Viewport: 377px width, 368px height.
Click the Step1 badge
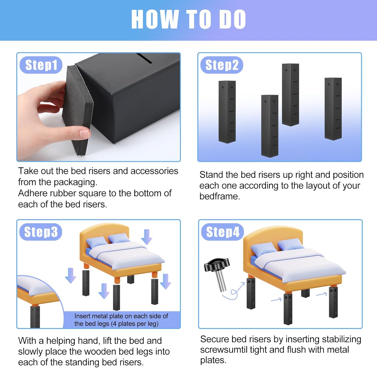[41, 65]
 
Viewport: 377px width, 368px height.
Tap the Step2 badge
[222, 65]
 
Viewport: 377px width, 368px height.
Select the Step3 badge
[41, 232]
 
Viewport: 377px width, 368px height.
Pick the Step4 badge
[222, 232]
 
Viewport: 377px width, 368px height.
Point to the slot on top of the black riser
[144, 59]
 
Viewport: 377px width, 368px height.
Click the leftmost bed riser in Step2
[227, 112]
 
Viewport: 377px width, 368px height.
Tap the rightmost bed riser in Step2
[333, 109]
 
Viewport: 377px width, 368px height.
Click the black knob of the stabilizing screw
[217, 265]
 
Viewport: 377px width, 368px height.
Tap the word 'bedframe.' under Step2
[220, 196]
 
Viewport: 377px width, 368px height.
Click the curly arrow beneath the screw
[232, 293]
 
